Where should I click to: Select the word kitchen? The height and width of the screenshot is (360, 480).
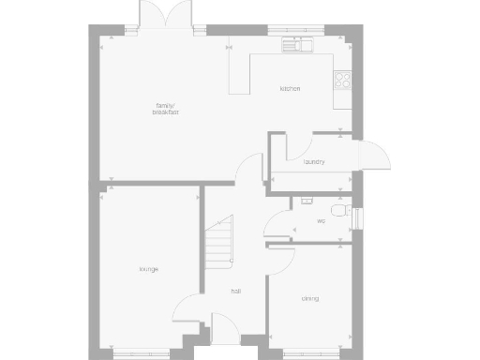[290, 89]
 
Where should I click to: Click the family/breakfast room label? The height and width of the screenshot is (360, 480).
[166, 109]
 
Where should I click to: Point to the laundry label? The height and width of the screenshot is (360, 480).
[314, 162]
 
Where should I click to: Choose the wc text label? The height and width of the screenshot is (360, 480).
[321, 221]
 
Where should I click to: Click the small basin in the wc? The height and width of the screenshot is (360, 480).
[305, 200]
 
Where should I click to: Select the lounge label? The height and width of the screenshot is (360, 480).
[148, 269]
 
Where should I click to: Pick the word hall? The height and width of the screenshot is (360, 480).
[237, 291]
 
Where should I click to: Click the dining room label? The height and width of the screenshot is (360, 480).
[310, 299]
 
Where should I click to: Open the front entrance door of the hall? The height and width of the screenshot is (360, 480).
[225, 329]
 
